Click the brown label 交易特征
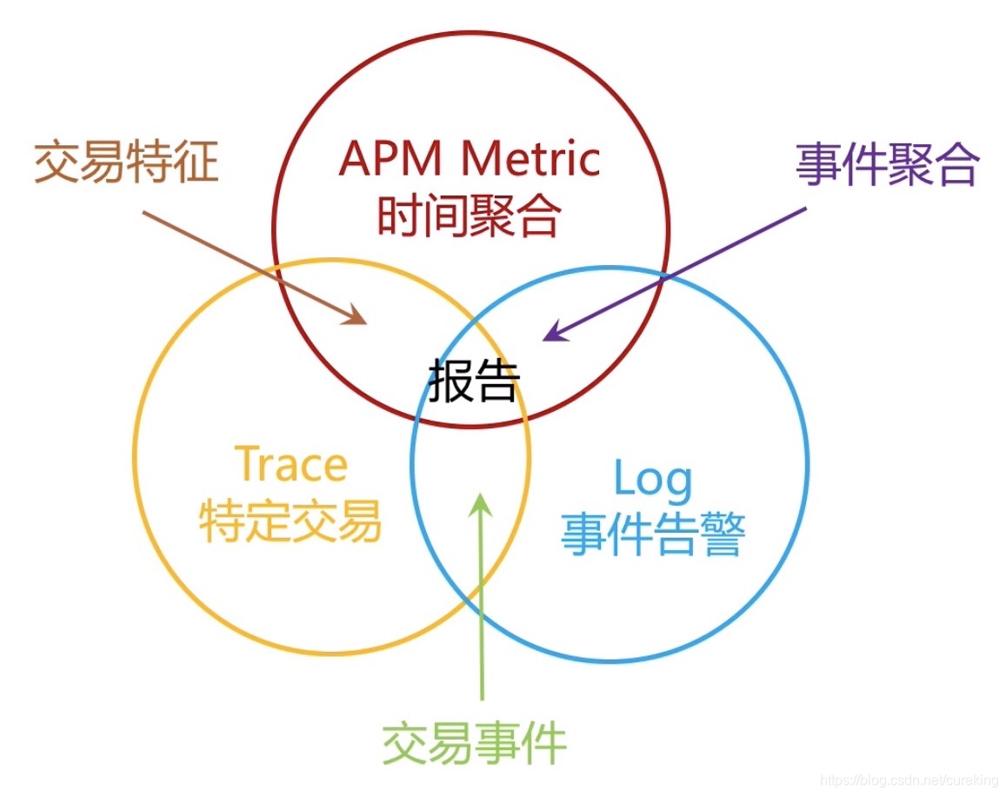[x=126, y=163]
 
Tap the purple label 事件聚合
[x=887, y=164]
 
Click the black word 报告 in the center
[x=474, y=381]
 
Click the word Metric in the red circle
[x=530, y=159]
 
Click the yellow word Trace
[x=291, y=465]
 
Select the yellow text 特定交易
[x=290, y=521]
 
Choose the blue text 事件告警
[x=653, y=534]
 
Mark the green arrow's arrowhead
[x=479, y=503]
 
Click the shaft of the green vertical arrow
[x=480, y=608]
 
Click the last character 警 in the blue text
[x=723, y=534]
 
